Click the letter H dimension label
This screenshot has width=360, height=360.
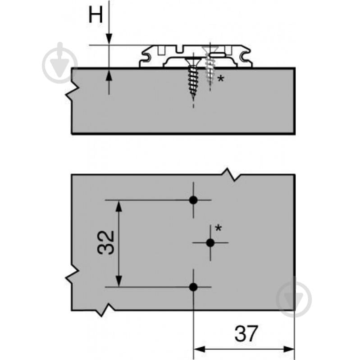tap(96, 15)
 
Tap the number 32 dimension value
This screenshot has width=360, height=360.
tap(106, 243)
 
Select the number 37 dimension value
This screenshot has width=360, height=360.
tap(246, 333)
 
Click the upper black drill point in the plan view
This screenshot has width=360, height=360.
tap(193, 200)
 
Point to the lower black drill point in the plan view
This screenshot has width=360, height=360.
tap(193, 287)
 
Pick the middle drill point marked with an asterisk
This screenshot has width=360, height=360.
tap(210, 243)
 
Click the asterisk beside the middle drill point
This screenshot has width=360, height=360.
tap(219, 228)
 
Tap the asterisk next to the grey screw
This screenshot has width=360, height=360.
tap(220, 79)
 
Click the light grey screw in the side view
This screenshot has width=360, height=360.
tap(210, 65)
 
